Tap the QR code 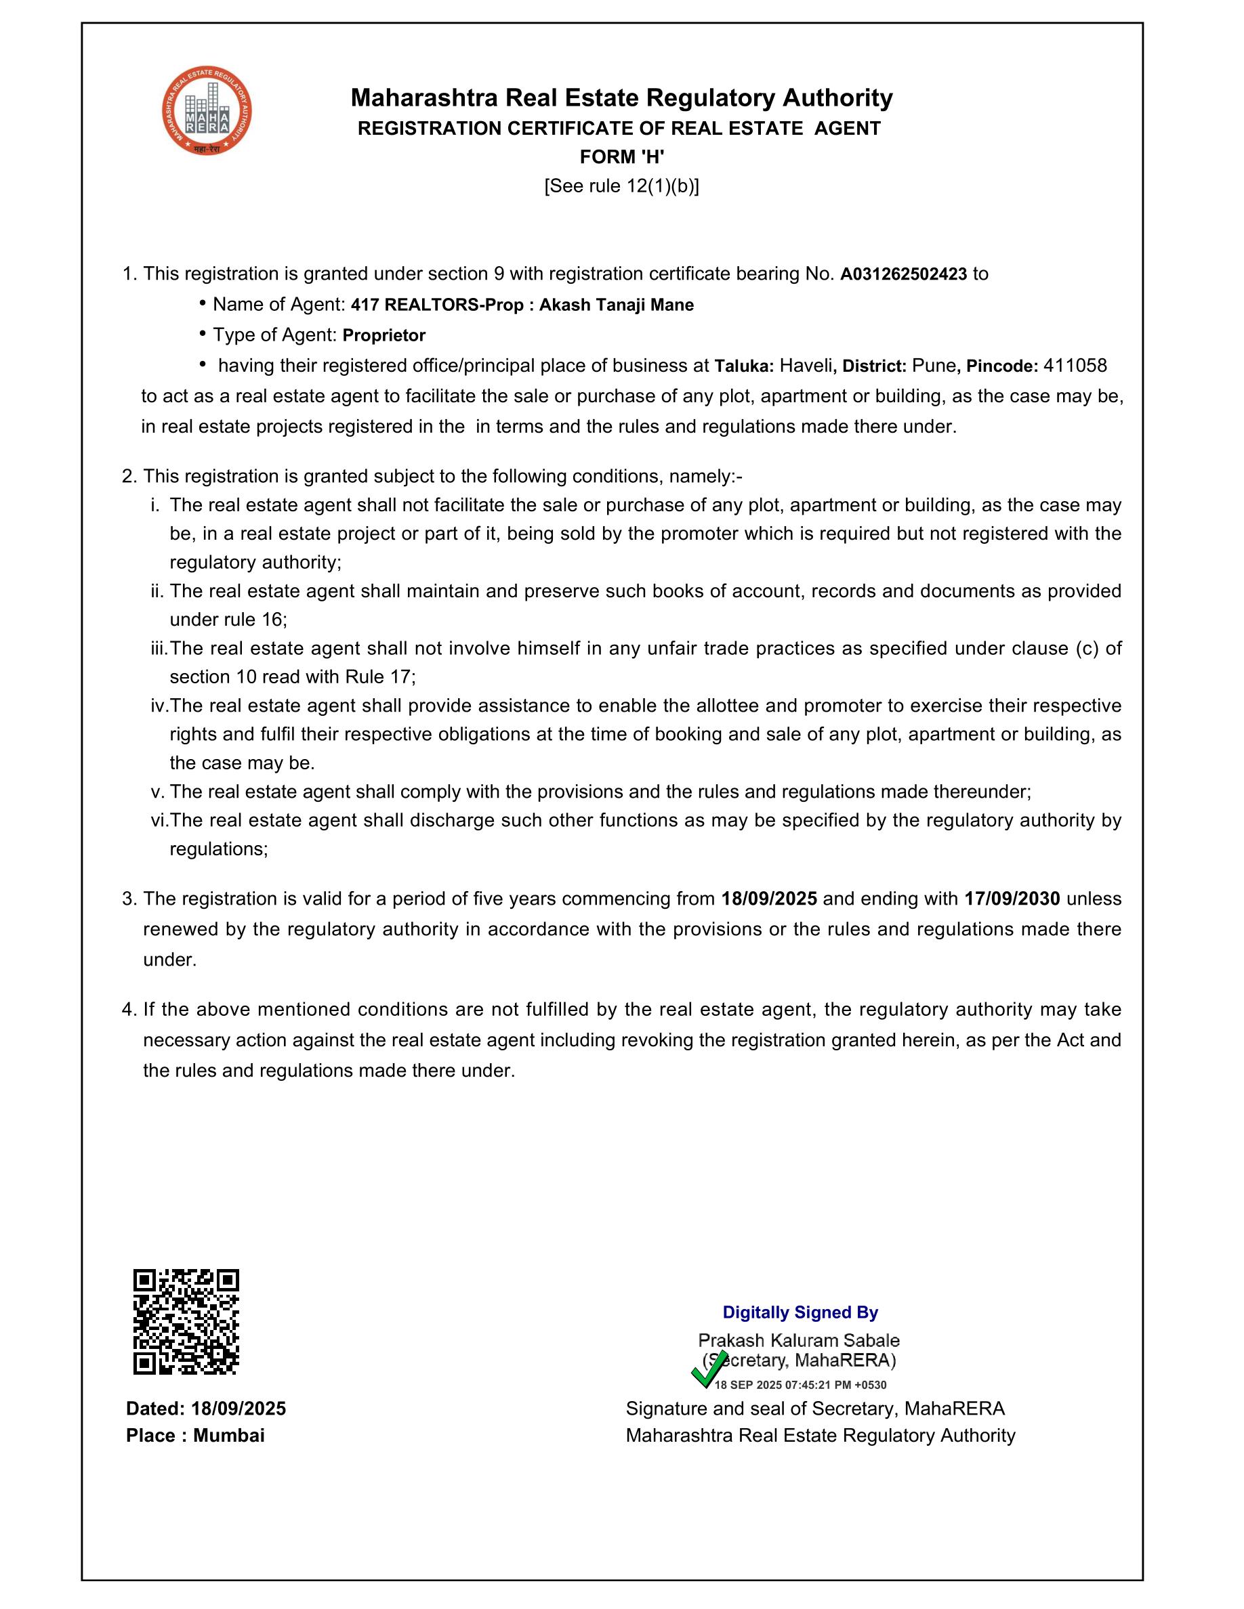186,1322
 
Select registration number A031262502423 903,274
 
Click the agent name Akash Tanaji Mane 616,305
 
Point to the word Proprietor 384,336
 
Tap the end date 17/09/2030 1012,899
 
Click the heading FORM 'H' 622,157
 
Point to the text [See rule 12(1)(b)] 622,186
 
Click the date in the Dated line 238,1409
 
